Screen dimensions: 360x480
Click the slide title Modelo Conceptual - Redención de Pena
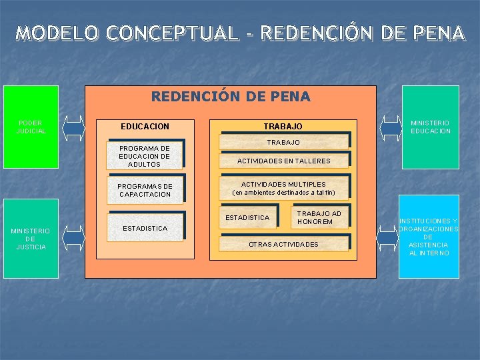point(240,32)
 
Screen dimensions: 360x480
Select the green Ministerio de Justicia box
point(31,238)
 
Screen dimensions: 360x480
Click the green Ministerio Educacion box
point(430,127)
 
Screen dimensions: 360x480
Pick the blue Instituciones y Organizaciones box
point(428,237)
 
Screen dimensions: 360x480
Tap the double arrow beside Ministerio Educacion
point(389,127)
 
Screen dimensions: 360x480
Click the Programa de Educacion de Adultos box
point(144,156)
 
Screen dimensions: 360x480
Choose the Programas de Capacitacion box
point(145,190)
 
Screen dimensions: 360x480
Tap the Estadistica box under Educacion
point(145,228)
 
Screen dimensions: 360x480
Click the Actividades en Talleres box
point(284,161)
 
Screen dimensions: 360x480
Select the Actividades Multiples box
point(283,188)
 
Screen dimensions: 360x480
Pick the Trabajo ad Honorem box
point(319,217)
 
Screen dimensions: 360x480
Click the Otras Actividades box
point(283,244)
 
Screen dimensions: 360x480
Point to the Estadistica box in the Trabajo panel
point(247,217)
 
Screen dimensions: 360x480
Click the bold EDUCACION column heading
point(145,126)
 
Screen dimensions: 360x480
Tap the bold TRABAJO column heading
point(283,126)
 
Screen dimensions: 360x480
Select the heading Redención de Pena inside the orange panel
point(231,97)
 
